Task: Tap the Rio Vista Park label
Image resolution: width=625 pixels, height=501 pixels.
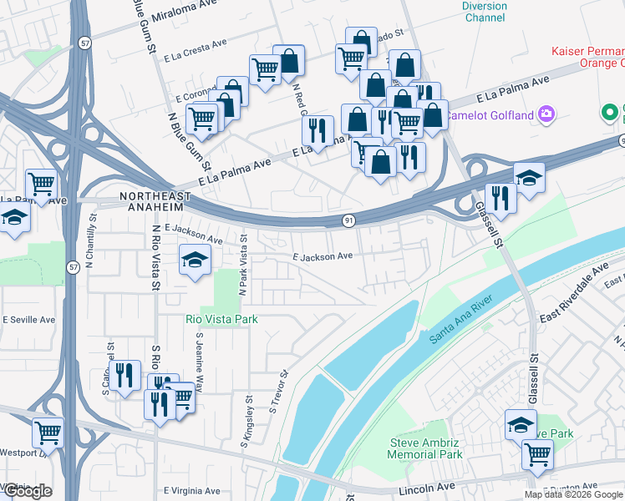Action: [x=221, y=319]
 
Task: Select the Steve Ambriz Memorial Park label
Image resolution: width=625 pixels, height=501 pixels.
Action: [x=425, y=448]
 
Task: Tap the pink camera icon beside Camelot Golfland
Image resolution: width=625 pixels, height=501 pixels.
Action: [x=546, y=114]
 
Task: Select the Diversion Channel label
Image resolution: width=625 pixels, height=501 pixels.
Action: [x=485, y=12]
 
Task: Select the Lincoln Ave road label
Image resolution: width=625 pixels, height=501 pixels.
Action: [x=429, y=487]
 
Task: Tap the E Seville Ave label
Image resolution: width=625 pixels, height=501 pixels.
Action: [x=28, y=320]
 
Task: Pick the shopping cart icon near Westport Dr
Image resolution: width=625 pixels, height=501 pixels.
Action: [x=48, y=433]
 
